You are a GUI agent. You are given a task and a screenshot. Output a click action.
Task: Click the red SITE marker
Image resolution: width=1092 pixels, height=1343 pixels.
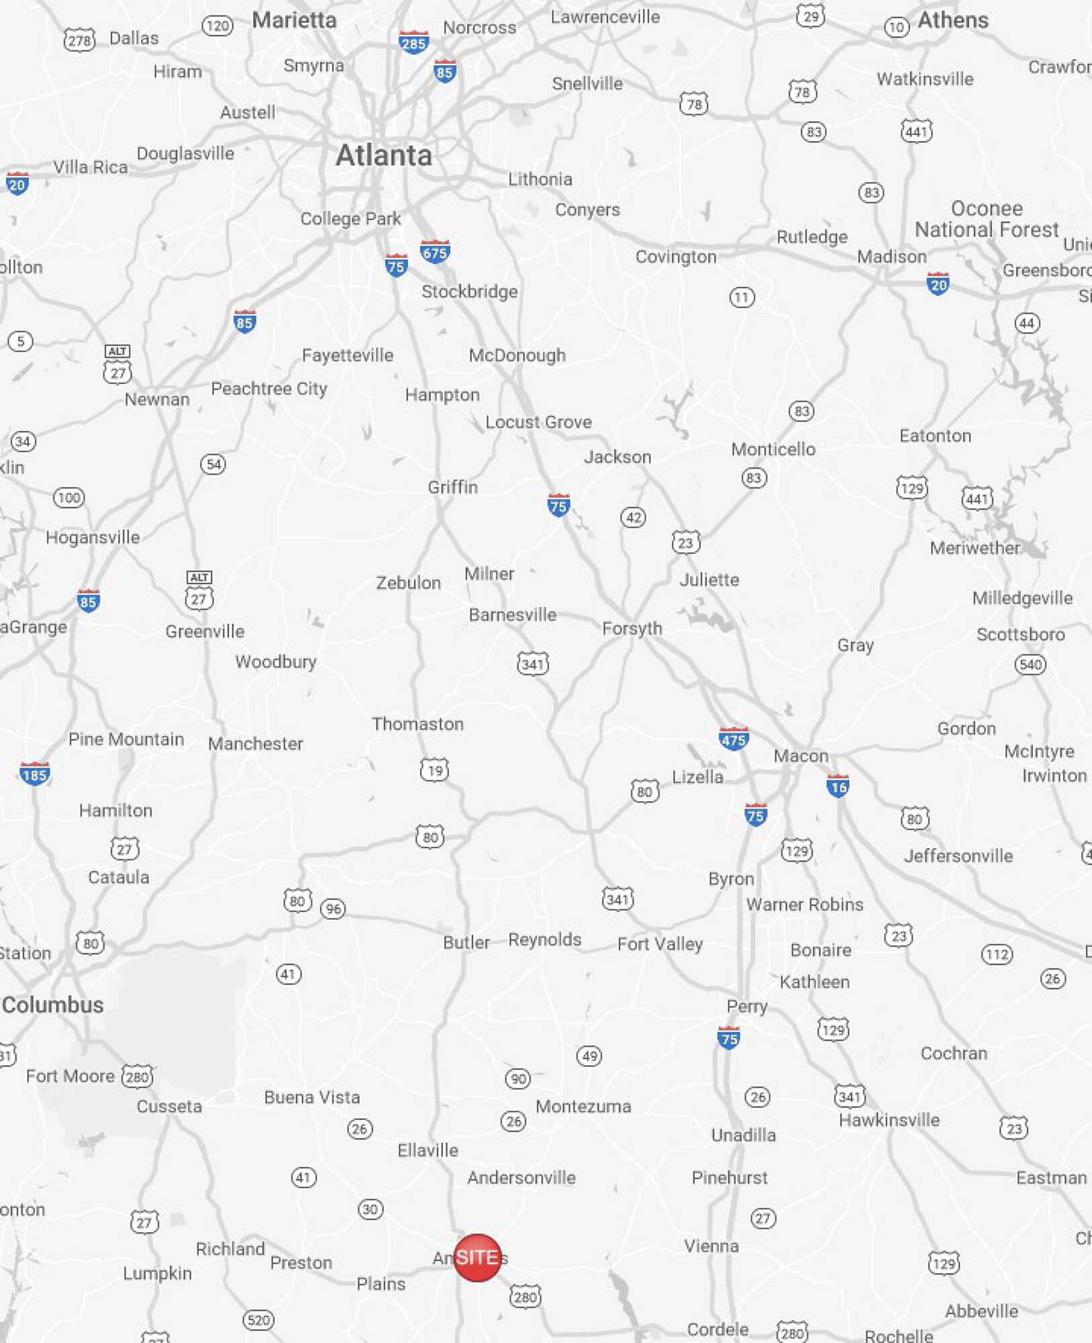(477, 1257)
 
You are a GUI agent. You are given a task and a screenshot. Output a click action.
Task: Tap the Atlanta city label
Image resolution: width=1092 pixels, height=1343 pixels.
(384, 155)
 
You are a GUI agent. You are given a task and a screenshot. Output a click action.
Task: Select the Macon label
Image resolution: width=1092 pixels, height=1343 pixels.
(801, 756)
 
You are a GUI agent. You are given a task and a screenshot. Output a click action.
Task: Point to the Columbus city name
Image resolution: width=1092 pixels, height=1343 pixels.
(53, 1005)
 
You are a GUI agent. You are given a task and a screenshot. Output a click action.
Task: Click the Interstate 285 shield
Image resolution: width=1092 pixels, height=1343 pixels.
(413, 42)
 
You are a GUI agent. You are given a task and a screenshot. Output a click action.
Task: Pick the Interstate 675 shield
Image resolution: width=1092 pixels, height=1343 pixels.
(435, 252)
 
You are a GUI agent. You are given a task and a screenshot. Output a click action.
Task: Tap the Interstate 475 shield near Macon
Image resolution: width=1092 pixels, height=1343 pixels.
(733, 739)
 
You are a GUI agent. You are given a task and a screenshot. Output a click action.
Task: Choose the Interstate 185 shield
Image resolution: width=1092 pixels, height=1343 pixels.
(34, 774)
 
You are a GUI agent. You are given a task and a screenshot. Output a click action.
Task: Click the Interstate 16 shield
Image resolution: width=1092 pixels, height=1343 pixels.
(838, 786)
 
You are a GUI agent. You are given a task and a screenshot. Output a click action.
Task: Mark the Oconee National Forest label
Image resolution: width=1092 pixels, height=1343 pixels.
(987, 219)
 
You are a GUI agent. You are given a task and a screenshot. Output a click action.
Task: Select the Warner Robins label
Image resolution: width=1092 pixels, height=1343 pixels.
(805, 905)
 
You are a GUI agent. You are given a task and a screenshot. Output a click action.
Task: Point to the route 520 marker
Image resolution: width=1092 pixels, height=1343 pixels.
(258, 1320)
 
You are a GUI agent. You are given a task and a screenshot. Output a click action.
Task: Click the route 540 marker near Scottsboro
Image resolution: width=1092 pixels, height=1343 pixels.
(1030, 665)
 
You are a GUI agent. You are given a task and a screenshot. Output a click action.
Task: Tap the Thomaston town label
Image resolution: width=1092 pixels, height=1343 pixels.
(417, 724)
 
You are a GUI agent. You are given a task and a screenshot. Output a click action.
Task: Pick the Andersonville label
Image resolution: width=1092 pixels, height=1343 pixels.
(522, 1177)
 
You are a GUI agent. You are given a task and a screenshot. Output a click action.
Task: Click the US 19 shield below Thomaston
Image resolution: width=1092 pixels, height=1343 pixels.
(435, 770)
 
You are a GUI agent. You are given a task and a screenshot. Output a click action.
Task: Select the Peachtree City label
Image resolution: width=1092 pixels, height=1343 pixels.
(269, 389)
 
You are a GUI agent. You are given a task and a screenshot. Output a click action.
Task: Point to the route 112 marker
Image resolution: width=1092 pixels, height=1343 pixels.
(997, 954)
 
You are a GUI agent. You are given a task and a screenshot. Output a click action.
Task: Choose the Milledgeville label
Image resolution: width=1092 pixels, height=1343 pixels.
(1022, 598)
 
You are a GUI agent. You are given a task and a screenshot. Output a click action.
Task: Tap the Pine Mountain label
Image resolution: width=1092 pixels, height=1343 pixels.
(126, 739)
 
